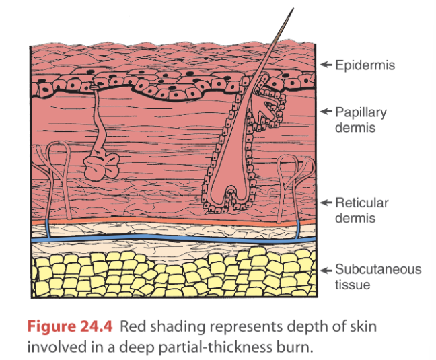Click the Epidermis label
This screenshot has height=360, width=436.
point(366,65)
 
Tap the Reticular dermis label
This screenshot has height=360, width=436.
point(362,210)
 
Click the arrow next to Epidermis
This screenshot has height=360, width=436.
point(326,65)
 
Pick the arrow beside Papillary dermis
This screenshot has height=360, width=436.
point(326,112)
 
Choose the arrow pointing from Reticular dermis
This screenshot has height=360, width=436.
point(326,203)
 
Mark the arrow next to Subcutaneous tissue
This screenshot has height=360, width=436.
point(326,270)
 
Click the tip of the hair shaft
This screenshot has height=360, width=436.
point(291,9)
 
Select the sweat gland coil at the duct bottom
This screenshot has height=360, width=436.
point(102,166)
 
